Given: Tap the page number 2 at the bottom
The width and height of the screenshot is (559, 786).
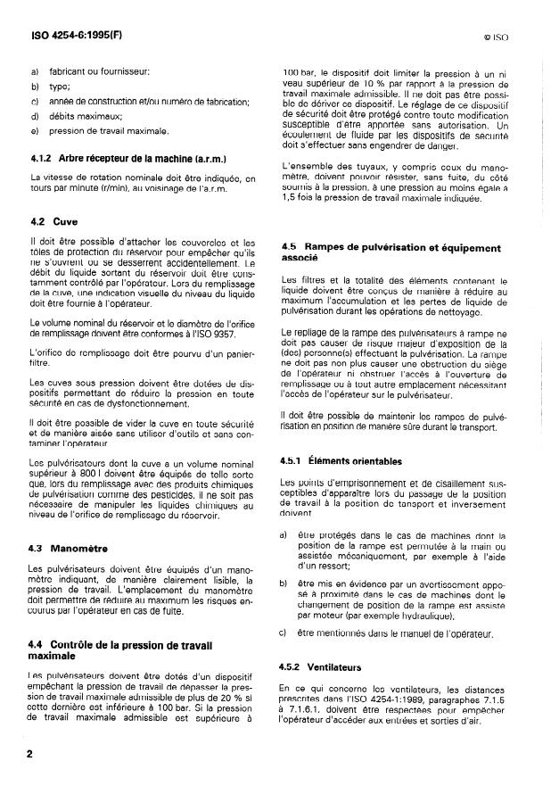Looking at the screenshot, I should pos(29,754).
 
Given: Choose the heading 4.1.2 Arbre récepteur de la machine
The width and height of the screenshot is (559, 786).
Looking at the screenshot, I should pos(126,159).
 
